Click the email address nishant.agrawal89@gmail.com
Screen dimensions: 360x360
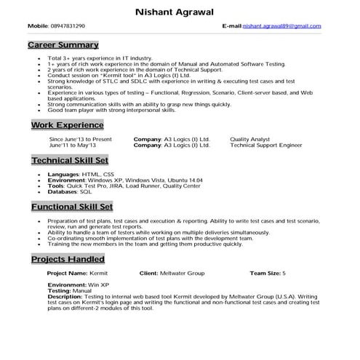click(x=281, y=26)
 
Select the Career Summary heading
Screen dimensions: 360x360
click(x=63, y=45)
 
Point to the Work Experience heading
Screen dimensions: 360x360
click(x=67, y=125)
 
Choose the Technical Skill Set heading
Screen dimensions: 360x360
click(x=70, y=160)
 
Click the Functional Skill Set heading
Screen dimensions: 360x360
click(x=71, y=207)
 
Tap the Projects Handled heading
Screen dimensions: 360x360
click(x=68, y=259)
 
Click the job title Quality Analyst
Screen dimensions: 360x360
click(x=249, y=138)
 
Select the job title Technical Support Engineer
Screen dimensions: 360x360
click(x=265, y=145)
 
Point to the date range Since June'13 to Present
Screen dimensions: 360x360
click(x=80, y=138)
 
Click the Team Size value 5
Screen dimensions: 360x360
click(x=284, y=273)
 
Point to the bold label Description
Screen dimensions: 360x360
click(x=65, y=297)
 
